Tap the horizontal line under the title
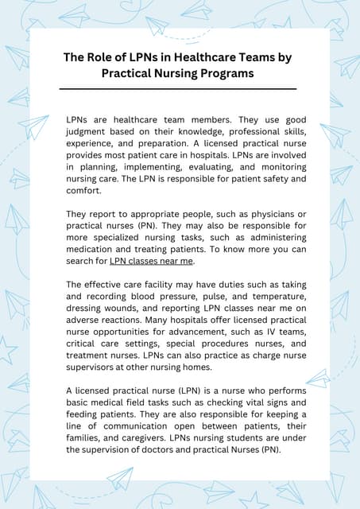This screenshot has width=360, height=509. (x=178, y=88)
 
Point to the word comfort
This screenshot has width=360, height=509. (x=83, y=191)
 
